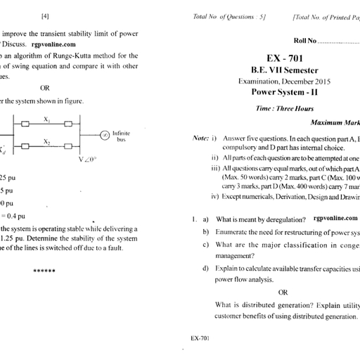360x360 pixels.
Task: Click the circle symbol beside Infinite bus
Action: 103,134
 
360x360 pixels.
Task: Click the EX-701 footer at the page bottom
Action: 200,338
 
